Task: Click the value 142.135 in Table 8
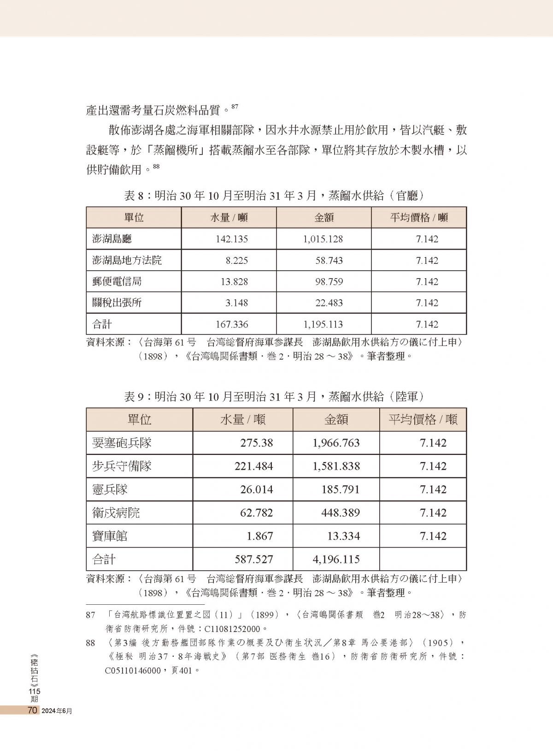232,239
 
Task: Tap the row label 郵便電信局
117,281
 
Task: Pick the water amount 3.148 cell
237,303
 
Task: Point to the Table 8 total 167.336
232,324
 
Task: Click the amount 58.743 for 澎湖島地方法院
329,260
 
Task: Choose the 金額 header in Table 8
324,218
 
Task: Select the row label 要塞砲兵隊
122,443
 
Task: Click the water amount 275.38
256,443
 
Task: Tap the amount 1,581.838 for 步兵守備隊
336,466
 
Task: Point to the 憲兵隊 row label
110,489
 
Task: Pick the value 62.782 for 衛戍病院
256,513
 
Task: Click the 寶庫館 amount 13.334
341,536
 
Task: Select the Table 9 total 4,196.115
336,560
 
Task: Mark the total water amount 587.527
253,560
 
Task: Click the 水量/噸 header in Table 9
242,419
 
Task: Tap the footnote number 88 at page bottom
91,643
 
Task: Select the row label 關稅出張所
117,303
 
